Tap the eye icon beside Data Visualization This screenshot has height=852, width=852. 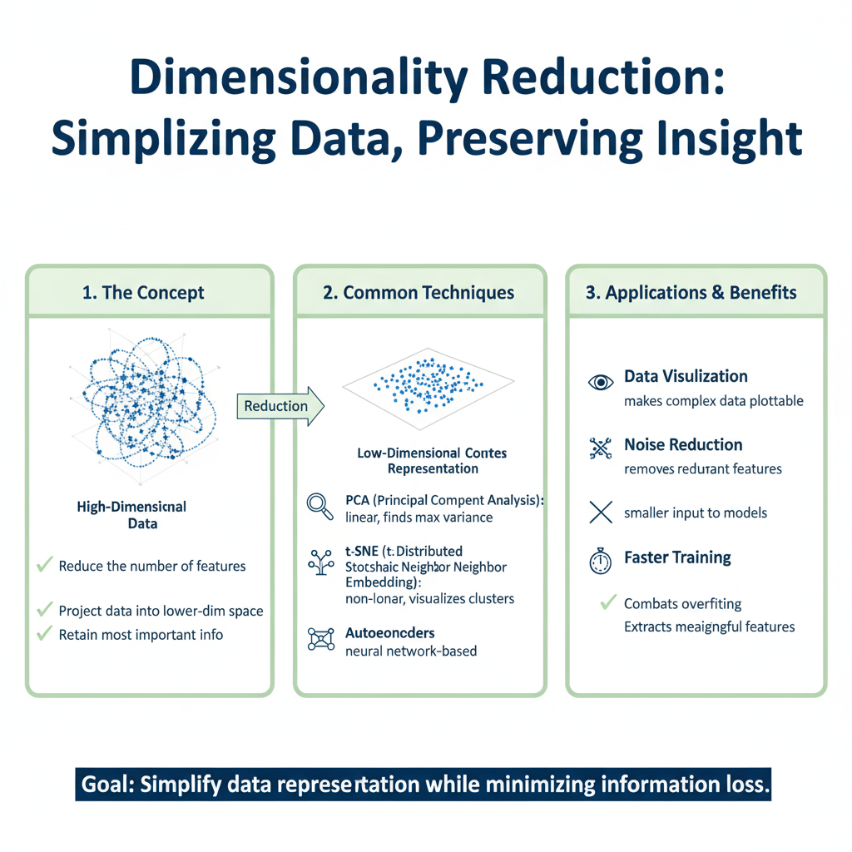[601, 382]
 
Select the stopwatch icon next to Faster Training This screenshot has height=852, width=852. [601, 562]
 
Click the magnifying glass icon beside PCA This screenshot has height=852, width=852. [320, 506]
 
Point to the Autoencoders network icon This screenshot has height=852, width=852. [320, 638]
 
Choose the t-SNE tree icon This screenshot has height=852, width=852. [320, 562]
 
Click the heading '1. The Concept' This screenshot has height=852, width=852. [144, 293]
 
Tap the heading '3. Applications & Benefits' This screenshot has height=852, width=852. [691, 293]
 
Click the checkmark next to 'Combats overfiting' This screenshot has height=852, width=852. [610, 602]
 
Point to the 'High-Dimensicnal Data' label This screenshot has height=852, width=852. [131, 514]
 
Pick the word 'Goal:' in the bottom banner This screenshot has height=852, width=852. [106, 784]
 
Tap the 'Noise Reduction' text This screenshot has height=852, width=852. [683, 445]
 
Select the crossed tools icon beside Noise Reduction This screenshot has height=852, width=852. [601, 449]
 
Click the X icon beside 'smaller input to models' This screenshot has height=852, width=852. [601, 513]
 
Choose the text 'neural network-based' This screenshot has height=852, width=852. [411, 651]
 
